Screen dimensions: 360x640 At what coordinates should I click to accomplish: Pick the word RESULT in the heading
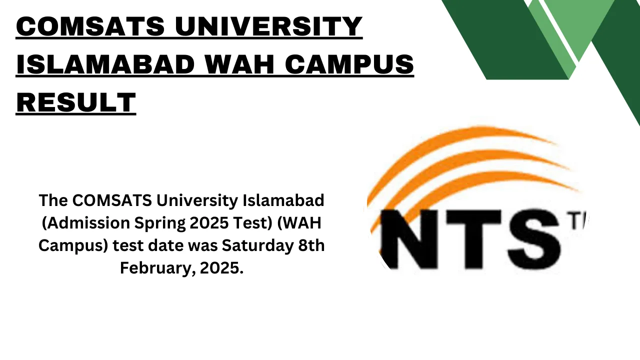[76, 102]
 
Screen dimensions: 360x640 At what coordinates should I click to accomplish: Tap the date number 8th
[310, 245]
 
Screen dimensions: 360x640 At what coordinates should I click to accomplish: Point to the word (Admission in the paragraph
[83, 223]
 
